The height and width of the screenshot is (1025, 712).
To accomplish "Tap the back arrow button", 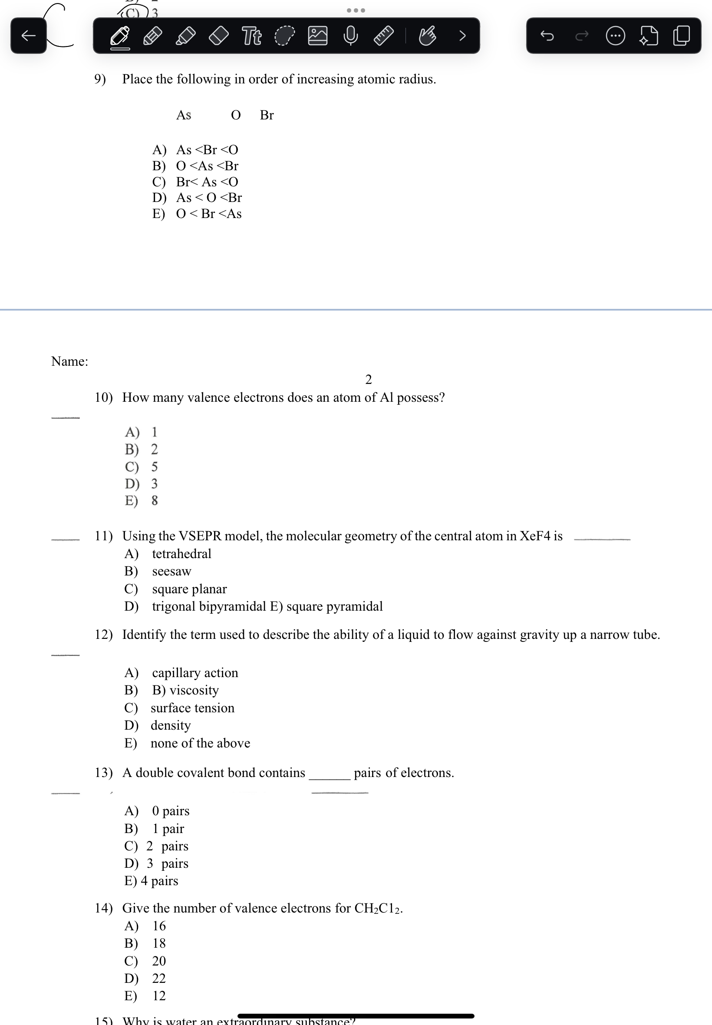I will click(29, 36).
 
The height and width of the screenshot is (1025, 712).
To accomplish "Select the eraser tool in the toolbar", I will click(219, 36).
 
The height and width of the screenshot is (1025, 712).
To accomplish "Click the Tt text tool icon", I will click(252, 36).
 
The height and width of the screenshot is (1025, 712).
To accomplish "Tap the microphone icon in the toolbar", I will click(351, 36).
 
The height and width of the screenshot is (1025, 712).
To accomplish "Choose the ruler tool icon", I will click(383, 36).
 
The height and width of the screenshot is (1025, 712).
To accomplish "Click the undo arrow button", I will click(547, 36).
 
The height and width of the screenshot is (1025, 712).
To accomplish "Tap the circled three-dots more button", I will click(615, 36).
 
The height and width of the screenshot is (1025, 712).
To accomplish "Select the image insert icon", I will click(318, 36).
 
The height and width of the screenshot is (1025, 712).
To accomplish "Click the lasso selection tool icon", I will click(285, 36).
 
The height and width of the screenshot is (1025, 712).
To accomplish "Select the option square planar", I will click(189, 589).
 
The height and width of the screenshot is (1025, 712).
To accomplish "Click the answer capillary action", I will click(195, 673).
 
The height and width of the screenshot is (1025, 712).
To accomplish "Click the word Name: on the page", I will click(69, 361).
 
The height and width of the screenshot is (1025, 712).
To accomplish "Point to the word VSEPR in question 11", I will click(200, 536).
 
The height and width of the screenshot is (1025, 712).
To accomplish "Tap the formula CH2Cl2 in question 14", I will click(378, 908).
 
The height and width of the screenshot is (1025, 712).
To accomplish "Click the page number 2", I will click(369, 380).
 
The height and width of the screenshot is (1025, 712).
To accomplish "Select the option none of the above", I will click(200, 744).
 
